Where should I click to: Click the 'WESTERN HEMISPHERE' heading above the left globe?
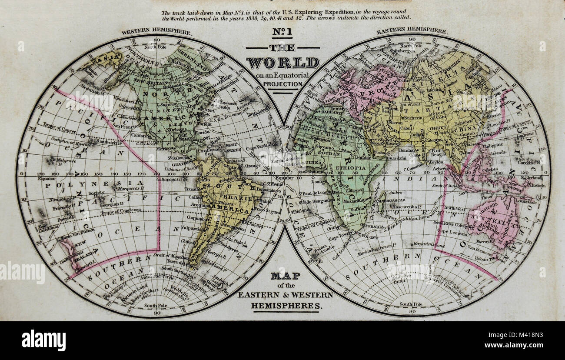click(156, 32)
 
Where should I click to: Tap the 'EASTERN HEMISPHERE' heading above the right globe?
click(411, 31)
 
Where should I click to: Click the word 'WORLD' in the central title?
click(282, 63)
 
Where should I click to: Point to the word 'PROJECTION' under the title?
click(282, 84)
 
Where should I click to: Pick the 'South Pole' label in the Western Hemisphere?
click(156, 306)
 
